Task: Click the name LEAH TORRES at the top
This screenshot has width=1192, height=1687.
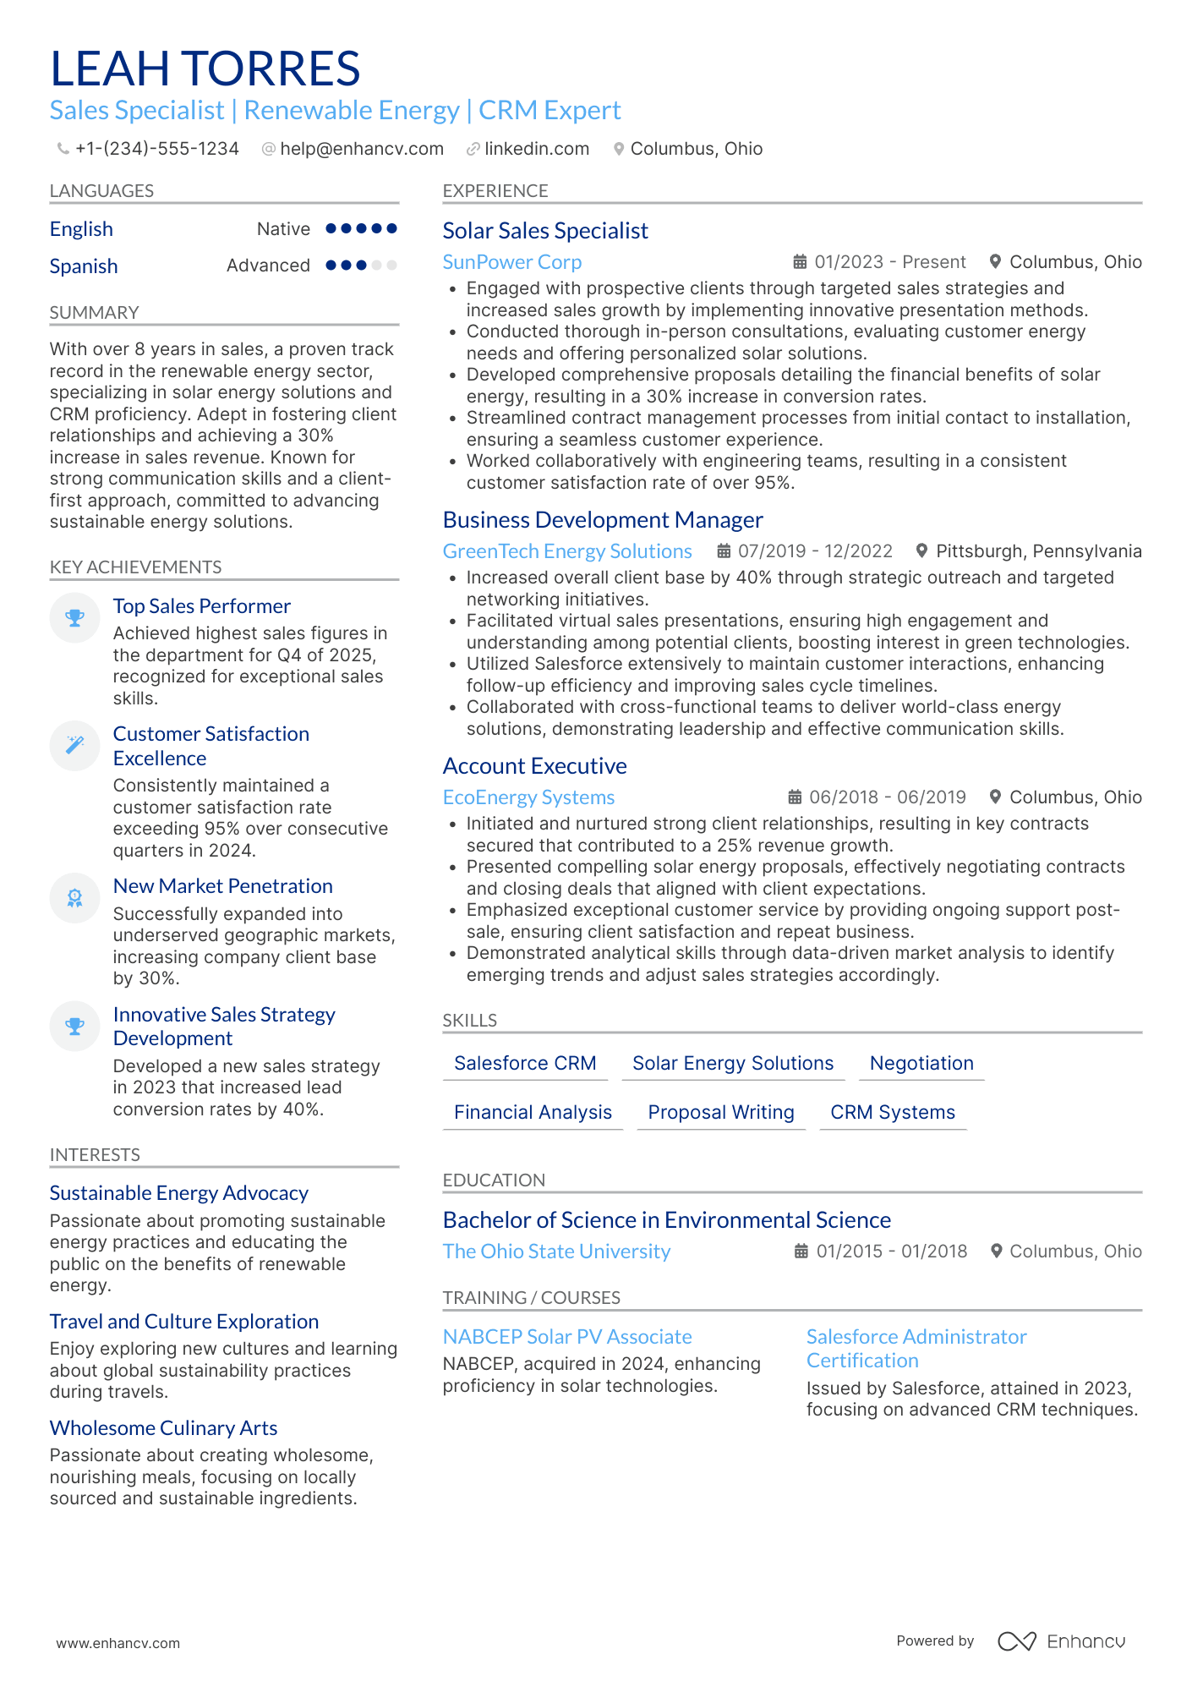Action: coord(205,69)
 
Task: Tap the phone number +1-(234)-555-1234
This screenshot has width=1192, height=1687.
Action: coord(156,149)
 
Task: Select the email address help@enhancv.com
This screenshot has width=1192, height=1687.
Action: coord(361,149)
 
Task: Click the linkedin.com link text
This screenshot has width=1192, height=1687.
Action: coord(536,149)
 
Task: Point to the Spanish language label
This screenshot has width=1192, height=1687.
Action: coord(84,266)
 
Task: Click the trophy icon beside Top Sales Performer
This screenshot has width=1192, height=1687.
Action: coord(75,618)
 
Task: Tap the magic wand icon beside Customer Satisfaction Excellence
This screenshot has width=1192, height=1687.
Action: coord(75,745)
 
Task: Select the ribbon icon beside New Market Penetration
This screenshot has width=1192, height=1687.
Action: coord(75,898)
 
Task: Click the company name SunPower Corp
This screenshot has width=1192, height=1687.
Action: coord(512,262)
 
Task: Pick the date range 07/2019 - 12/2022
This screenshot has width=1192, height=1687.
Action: coord(814,551)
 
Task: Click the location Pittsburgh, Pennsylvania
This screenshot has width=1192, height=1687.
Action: coord(1038,551)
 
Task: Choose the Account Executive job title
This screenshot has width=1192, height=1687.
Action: coord(534,766)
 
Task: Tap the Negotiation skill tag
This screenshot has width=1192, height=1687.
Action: coord(921,1063)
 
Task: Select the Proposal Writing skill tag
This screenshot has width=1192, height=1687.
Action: coord(720,1112)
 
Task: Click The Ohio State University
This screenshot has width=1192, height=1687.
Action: coord(556,1252)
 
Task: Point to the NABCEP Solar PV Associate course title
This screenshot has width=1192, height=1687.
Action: coord(567,1337)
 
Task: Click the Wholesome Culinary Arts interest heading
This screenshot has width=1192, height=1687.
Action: coord(163,1428)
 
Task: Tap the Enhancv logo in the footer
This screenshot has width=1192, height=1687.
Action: coord(1061,1641)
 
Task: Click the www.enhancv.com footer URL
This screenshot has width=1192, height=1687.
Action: coord(118,1643)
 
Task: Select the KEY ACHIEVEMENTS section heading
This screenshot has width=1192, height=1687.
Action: coord(135,567)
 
